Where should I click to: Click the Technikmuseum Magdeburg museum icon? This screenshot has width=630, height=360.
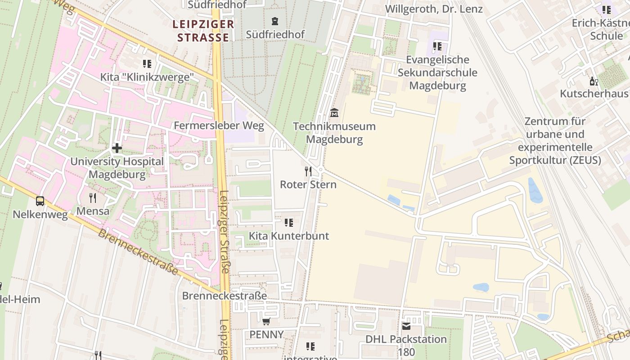coord(334,112)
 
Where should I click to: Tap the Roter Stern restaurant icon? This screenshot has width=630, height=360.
coord(308,171)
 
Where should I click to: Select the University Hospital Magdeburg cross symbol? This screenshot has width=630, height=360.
coord(117,148)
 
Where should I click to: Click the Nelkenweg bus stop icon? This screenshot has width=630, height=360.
coord(40,201)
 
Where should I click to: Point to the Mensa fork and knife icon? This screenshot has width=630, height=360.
coord(93,198)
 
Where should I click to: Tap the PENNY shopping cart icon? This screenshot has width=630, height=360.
coord(266,321)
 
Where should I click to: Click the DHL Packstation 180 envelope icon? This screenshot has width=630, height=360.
coord(406,326)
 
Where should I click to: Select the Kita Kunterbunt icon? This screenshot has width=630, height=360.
coord(289,222)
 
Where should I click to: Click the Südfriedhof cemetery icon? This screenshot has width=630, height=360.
coord(275,21)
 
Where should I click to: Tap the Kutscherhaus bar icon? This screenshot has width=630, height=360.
coord(594,81)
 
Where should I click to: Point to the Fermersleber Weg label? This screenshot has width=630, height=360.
coord(219,126)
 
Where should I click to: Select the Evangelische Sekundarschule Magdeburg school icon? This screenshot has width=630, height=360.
coord(437,46)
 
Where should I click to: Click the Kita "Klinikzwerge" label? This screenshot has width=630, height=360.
coord(150,77)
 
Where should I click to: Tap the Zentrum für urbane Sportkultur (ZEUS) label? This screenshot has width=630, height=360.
coord(555,140)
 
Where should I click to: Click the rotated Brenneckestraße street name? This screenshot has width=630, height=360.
coord(138,252)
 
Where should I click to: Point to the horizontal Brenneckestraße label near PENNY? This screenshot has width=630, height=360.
coord(224,296)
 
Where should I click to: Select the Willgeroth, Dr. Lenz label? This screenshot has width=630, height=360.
coord(434,9)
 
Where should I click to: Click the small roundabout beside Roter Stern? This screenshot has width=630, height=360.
coord(320,170)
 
